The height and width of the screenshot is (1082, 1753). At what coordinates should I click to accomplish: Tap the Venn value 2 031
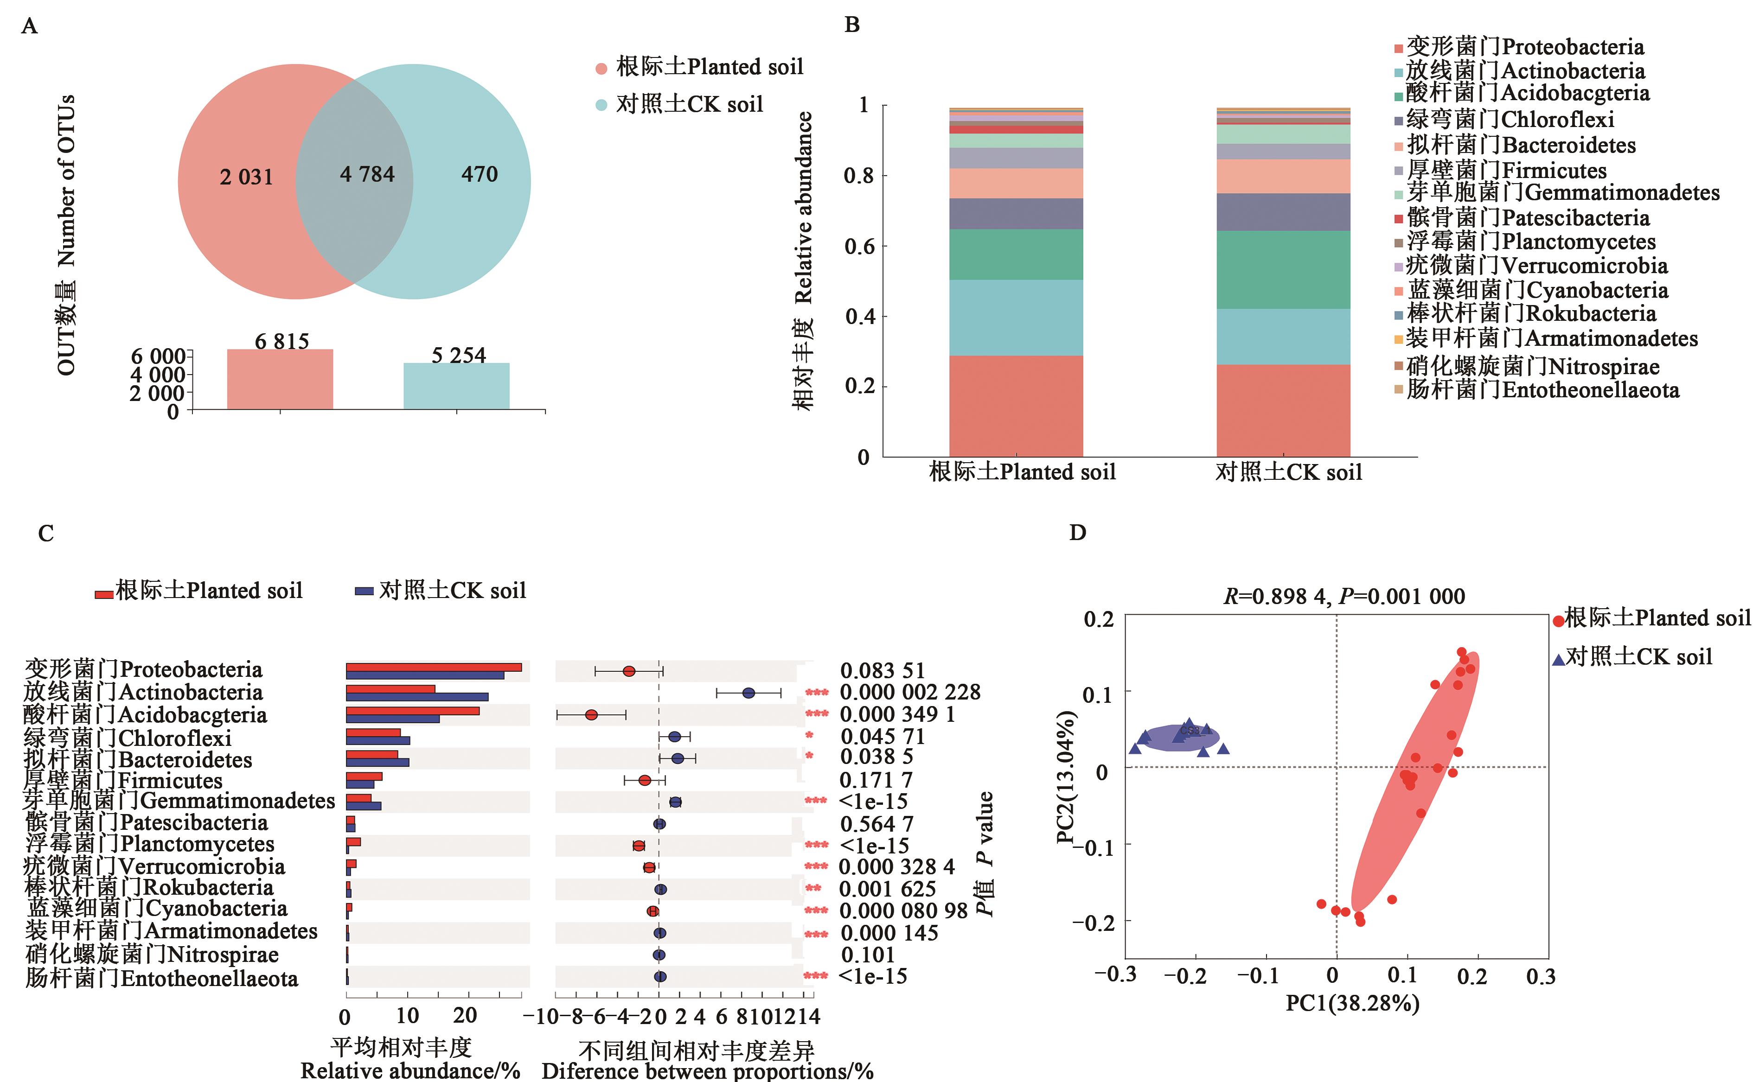pos(246,177)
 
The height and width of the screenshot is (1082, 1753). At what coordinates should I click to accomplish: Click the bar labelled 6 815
pos(280,379)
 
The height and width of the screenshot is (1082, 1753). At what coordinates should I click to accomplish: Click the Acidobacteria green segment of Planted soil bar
pos(1016,254)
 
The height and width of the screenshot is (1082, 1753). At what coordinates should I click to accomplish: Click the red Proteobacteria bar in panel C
pos(433,667)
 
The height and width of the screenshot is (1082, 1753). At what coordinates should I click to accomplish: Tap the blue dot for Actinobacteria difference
pos(749,693)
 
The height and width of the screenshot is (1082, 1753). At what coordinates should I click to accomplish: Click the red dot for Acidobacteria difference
pos(591,715)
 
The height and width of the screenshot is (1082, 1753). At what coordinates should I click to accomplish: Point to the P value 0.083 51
pos(882,670)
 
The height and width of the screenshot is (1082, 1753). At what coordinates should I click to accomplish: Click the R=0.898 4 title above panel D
pos(1344,596)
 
